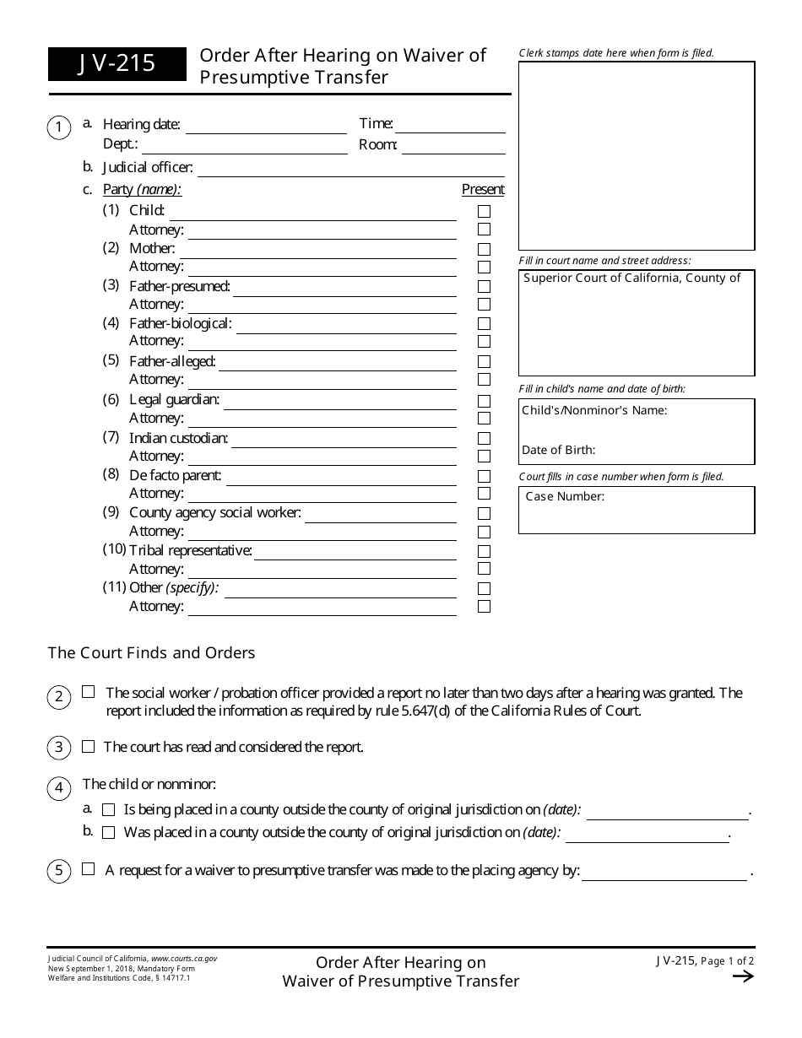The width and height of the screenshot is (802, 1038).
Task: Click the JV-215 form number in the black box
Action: [x=117, y=63]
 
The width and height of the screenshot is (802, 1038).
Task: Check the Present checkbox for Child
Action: [x=484, y=211]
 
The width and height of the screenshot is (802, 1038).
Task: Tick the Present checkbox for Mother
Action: [x=484, y=249]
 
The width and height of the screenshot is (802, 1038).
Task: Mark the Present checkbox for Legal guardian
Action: [x=484, y=401]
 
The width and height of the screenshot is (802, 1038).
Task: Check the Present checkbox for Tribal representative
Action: [x=484, y=551]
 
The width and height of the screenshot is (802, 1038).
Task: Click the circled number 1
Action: [x=59, y=128]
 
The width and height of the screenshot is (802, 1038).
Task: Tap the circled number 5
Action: [x=59, y=871]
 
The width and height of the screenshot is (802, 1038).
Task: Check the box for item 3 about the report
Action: [x=89, y=747]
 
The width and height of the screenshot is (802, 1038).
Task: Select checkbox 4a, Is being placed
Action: [x=108, y=810]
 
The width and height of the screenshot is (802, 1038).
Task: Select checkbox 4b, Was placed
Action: [x=108, y=833]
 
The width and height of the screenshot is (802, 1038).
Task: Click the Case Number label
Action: [x=565, y=497]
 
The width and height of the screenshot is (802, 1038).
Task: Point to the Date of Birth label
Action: [x=558, y=450]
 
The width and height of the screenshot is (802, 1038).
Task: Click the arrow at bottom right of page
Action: [x=742, y=976]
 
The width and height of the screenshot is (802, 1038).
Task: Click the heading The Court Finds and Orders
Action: [x=151, y=652]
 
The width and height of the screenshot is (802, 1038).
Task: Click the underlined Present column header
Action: [x=483, y=190]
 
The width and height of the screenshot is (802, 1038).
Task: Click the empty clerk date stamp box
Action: [x=637, y=155]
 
